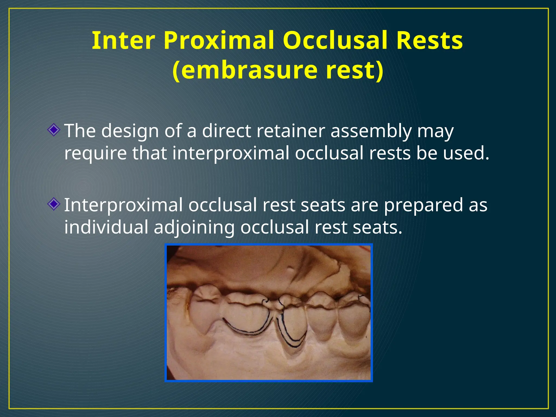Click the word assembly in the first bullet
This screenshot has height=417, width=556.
pos(371,131)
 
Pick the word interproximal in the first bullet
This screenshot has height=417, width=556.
pos(231,153)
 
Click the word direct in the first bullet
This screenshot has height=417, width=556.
pos(226,131)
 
